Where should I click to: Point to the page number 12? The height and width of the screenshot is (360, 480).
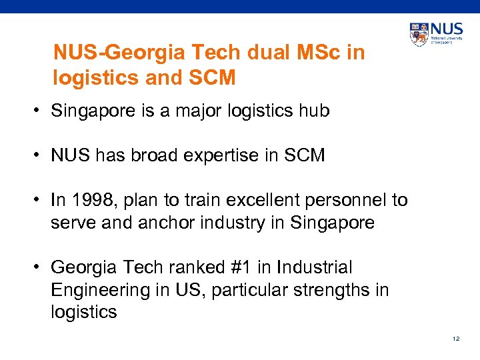click(x=456, y=339)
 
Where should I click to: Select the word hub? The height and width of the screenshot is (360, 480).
click(x=315, y=111)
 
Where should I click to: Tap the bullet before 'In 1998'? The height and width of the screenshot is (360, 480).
click(x=41, y=201)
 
